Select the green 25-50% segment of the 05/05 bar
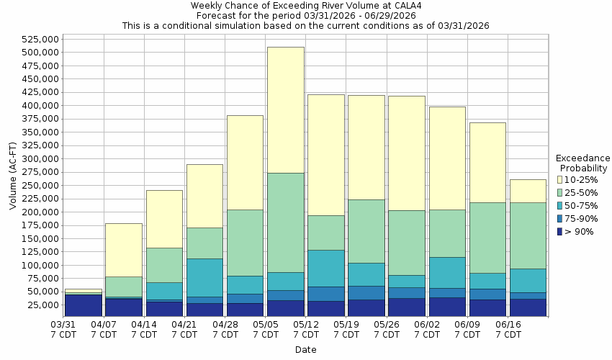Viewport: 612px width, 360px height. (x=285, y=222)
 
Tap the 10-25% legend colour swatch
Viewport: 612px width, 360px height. (x=559, y=179)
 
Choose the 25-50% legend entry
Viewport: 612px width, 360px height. (x=580, y=192)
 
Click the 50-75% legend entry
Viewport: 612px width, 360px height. (x=580, y=205)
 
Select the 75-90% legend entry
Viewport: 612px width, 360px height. (x=580, y=218)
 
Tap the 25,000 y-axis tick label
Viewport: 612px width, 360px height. (x=42, y=305)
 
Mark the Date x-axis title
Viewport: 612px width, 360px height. (x=305, y=350)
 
